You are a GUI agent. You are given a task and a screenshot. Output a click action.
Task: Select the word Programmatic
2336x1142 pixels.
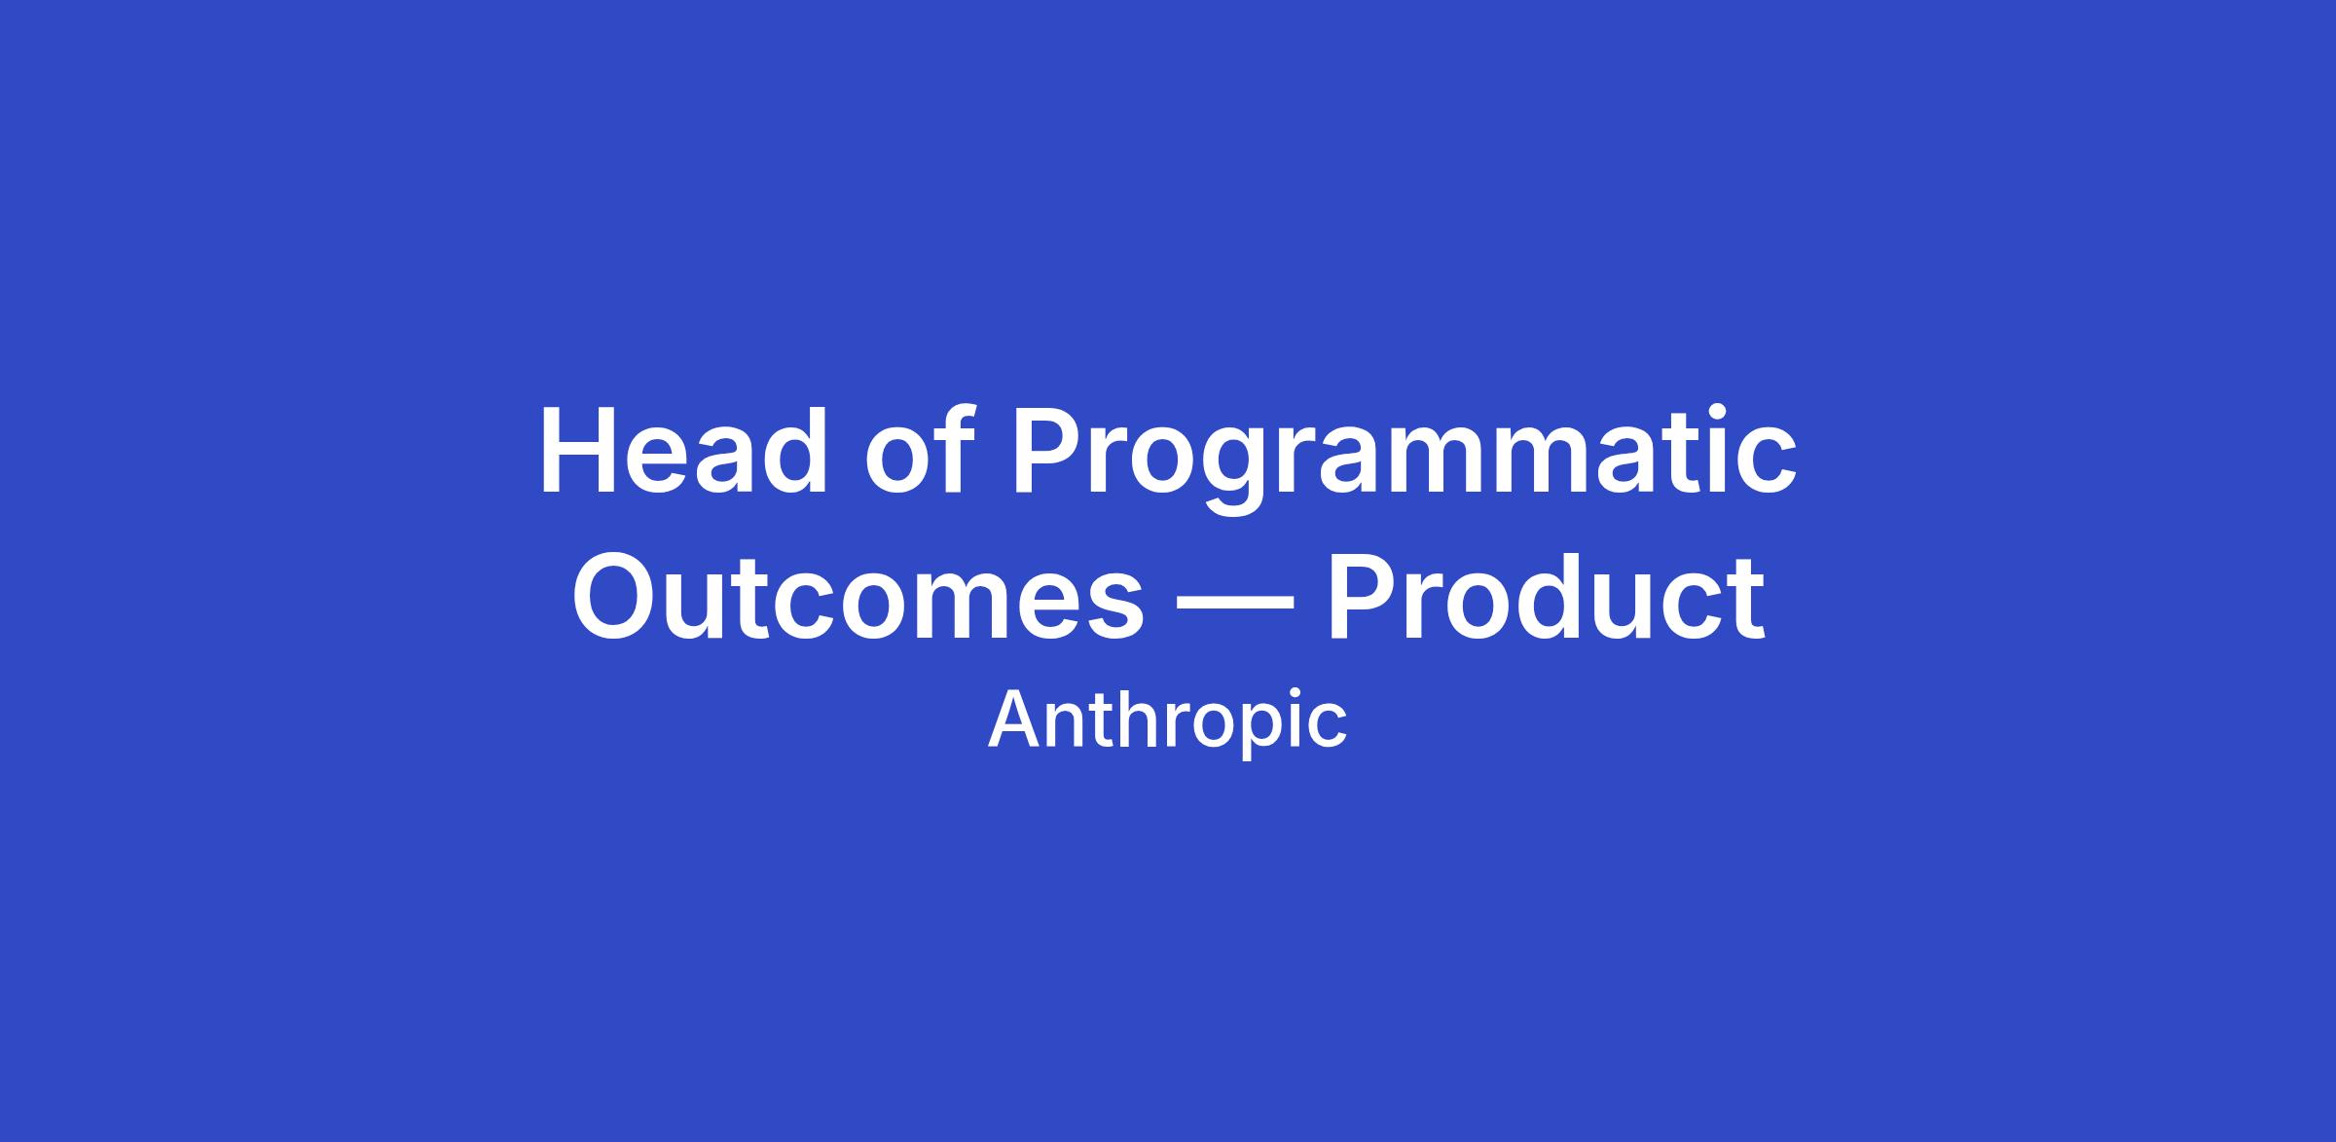tap(1405, 459)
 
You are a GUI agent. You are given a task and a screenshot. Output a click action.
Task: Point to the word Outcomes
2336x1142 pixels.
tap(858, 596)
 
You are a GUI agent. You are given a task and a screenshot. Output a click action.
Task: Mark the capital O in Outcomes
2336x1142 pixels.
tap(618, 596)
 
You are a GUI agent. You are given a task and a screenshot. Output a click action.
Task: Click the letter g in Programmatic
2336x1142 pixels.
tap(1234, 473)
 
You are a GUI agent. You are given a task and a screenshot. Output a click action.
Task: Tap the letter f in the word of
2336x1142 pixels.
tap(955, 449)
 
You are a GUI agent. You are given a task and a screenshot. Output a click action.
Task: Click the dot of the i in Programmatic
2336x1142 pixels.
tap(1702, 413)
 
